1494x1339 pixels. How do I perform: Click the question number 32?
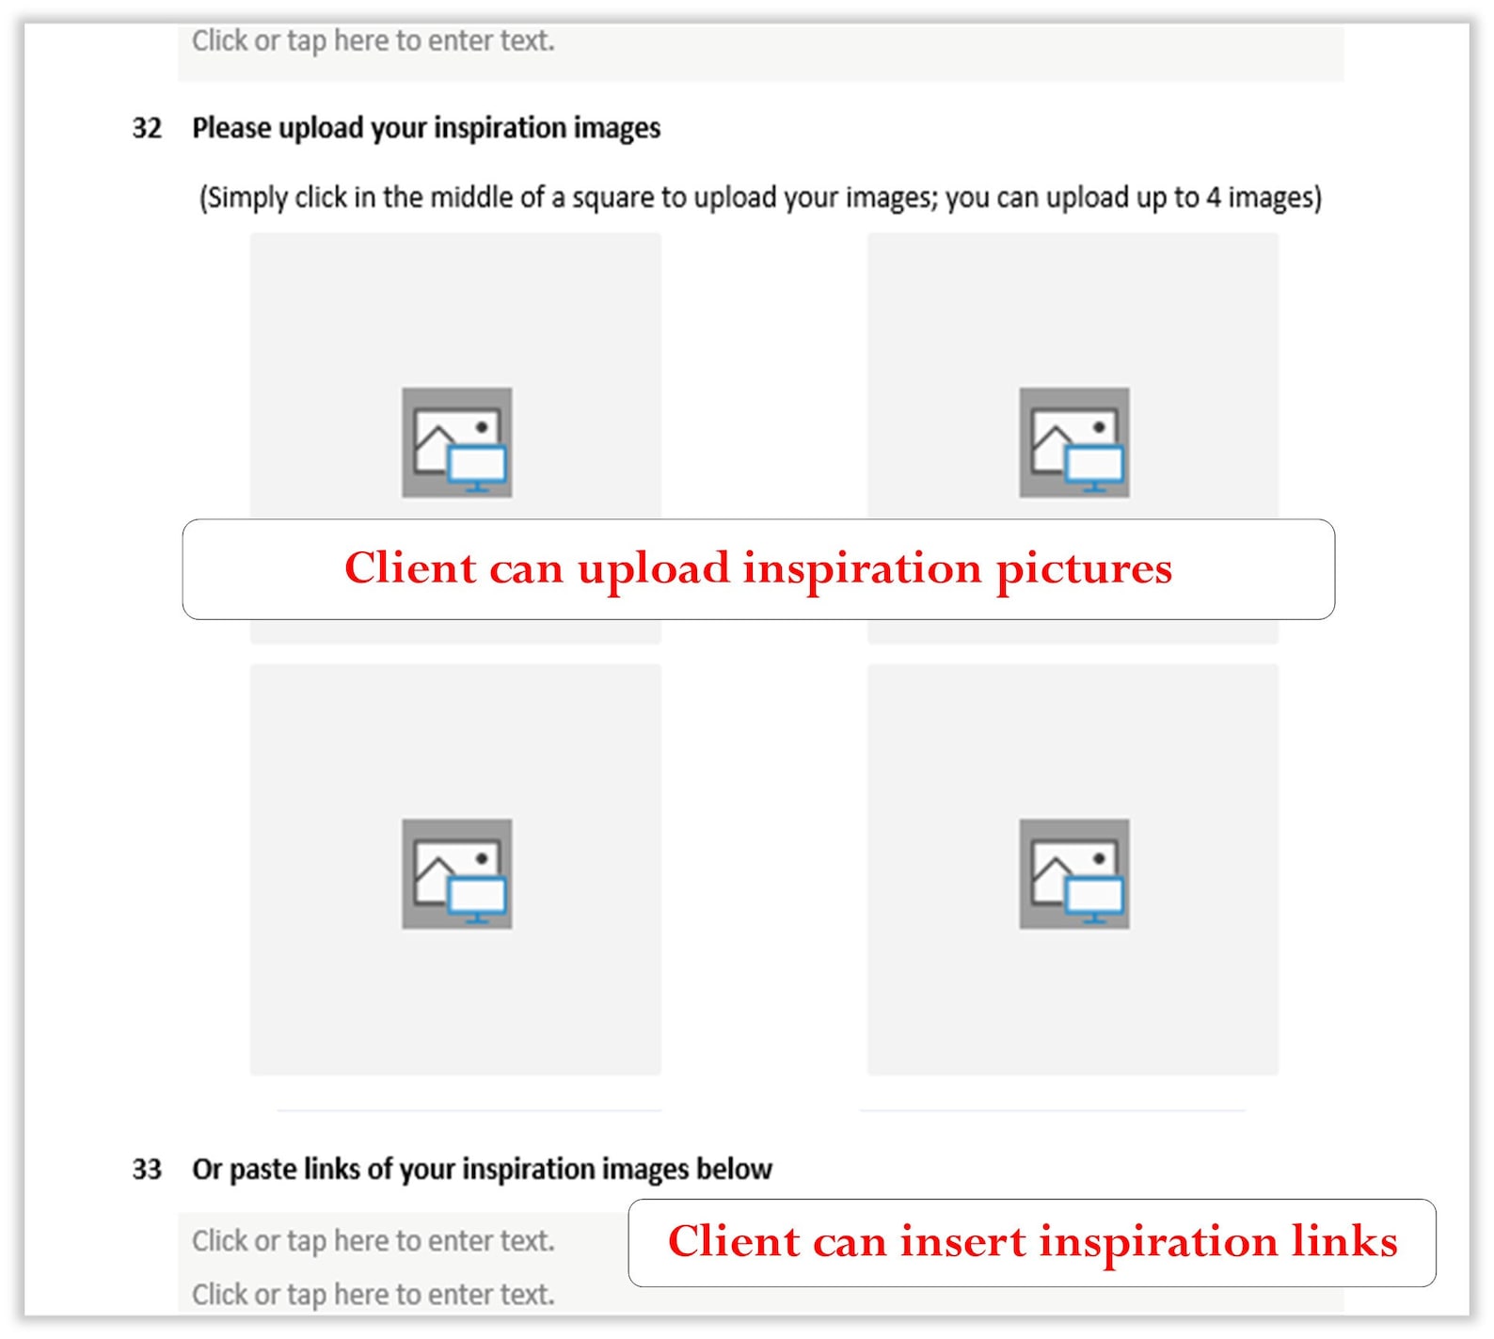[x=147, y=128]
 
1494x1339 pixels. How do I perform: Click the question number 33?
[x=147, y=1170]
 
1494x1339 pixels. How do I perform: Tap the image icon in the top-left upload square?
[x=457, y=442]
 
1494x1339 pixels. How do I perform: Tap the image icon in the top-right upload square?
[x=1074, y=442]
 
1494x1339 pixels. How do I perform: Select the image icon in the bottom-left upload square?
[x=457, y=873]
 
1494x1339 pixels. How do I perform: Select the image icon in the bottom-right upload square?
[x=1074, y=873]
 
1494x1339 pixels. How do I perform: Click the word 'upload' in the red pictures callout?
[x=654, y=570]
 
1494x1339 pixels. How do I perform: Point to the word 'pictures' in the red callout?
[x=1084, y=570]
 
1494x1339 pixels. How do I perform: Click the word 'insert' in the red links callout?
[x=962, y=1242]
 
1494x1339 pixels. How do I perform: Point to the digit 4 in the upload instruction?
[x=1214, y=198]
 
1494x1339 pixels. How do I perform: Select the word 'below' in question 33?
[x=734, y=1170]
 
